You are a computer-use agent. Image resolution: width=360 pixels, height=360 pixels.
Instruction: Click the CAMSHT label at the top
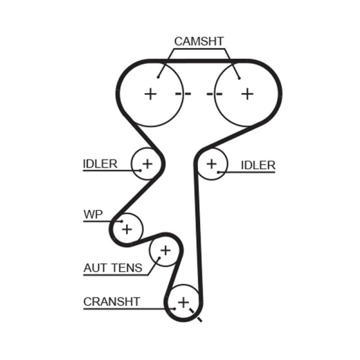[198, 41]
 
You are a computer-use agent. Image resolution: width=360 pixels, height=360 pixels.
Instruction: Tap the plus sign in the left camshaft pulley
[151, 94]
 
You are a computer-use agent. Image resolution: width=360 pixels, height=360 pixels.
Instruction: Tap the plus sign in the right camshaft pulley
[247, 94]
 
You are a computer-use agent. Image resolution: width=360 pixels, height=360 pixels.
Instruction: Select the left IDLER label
[99, 164]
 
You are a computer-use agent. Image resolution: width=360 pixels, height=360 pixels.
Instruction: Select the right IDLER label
[258, 165]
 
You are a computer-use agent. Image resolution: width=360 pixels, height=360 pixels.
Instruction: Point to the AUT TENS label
[112, 268]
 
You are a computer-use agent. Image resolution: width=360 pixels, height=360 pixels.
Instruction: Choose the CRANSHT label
[112, 301]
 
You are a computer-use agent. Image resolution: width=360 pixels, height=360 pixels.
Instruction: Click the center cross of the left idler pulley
[147, 163]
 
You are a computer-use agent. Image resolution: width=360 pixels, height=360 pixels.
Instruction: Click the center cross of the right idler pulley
[211, 164]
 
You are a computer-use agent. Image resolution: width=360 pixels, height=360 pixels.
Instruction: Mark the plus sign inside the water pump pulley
[127, 229]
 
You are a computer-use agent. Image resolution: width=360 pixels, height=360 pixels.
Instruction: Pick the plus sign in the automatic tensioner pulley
[166, 250]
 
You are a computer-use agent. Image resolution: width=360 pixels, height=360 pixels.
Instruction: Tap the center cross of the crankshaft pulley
[183, 302]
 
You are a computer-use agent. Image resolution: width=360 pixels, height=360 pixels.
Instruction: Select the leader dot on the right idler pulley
[218, 171]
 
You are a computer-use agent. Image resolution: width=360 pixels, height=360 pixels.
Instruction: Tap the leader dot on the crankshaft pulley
[174, 309]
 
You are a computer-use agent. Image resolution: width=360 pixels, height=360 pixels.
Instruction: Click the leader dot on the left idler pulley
[139, 171]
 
